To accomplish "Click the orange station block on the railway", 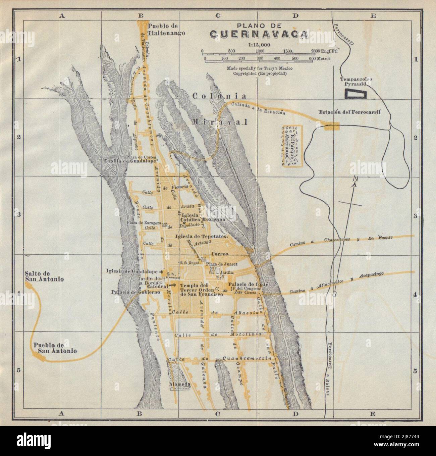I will point(331,126).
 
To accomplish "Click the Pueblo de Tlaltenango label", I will point(167,29).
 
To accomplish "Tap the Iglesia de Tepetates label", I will point(202,236).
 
